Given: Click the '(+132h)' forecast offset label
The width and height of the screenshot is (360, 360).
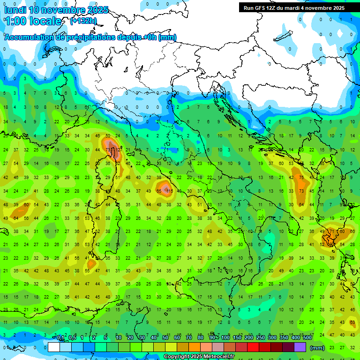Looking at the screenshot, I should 83,21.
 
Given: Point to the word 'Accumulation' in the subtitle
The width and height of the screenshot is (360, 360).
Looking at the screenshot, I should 29,37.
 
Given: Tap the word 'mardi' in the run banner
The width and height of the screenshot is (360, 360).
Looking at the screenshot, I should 296,8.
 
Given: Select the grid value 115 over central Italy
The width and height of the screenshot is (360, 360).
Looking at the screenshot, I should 169,191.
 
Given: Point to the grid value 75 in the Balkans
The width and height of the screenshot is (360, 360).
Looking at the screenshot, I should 301,178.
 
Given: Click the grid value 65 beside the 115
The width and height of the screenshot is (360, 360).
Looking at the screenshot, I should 159,191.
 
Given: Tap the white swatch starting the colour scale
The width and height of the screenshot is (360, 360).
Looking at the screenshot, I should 54,347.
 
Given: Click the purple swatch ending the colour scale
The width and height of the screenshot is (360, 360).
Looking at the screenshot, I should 300,347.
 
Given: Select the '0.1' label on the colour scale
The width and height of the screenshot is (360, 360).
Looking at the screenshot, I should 60,337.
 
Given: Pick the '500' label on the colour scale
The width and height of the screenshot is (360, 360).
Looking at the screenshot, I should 307,337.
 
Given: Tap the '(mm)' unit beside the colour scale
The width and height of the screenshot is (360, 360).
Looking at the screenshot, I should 317,348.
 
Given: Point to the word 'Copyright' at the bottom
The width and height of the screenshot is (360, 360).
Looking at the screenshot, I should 177,357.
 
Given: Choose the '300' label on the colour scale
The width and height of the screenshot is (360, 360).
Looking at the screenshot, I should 272,337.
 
